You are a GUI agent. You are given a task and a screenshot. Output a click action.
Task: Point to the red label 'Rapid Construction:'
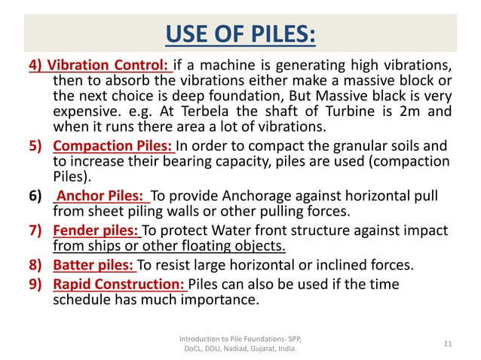(x=119, y=283)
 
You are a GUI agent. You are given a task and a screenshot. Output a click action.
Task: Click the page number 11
(x=448, y=343)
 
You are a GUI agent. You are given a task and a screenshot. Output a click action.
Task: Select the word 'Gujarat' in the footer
(x=260, y=349)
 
